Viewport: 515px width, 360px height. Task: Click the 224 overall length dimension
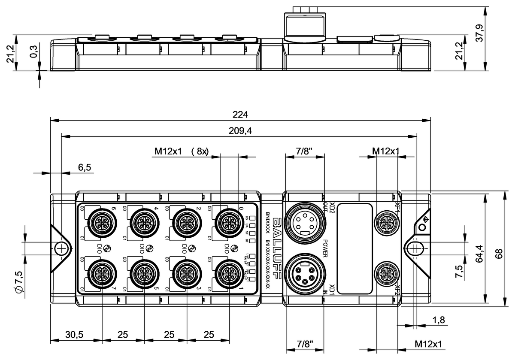240,115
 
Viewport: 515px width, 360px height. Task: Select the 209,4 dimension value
240,131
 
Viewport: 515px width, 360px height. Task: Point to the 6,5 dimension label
84,167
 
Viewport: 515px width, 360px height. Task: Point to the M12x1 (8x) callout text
181,151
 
